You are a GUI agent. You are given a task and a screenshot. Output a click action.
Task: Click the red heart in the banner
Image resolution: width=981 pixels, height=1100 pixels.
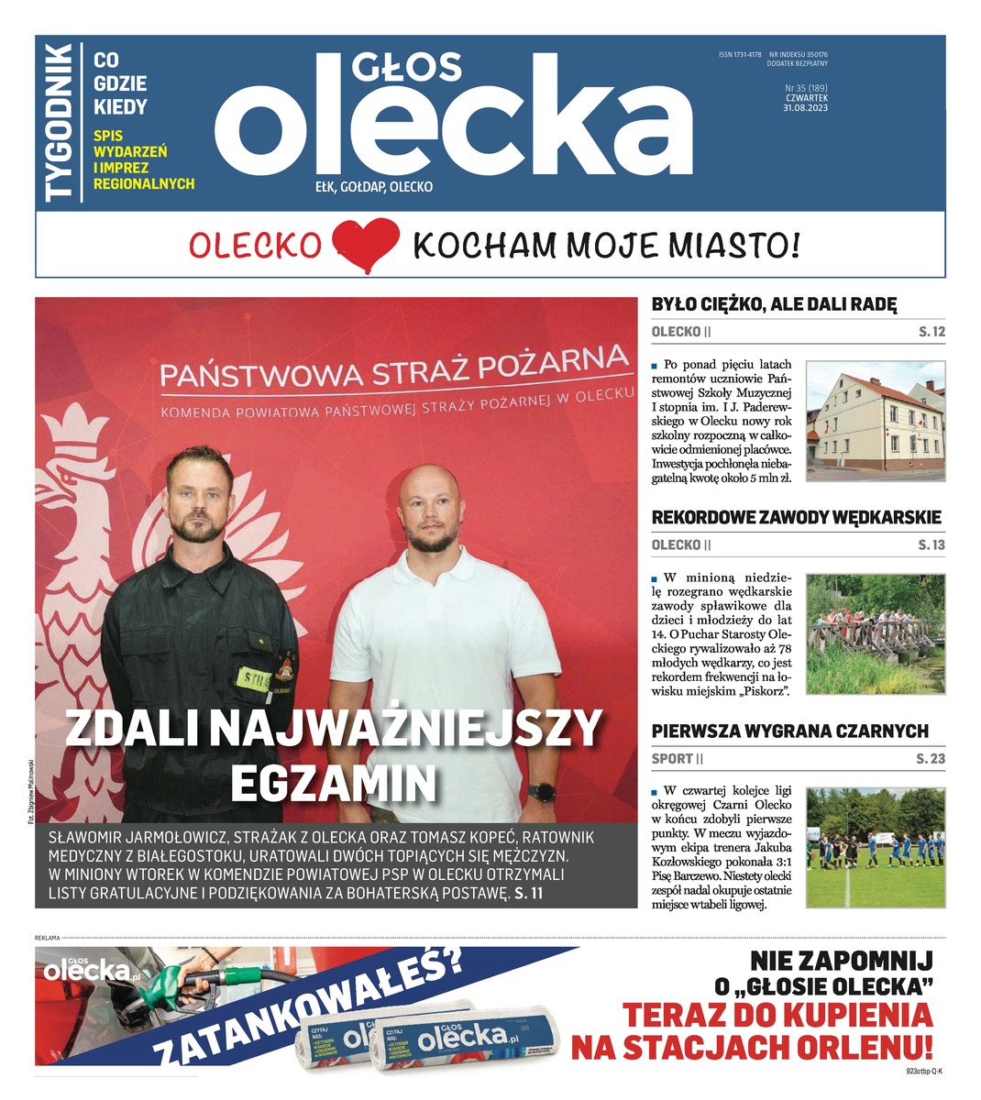[365, 245]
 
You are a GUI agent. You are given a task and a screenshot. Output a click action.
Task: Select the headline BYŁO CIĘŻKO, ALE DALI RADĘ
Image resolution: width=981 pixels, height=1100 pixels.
[774, 305]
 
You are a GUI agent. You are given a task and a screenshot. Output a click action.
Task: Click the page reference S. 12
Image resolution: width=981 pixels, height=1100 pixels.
[931, 332]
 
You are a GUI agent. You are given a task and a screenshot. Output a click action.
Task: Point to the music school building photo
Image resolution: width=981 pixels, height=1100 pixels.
[875, 421]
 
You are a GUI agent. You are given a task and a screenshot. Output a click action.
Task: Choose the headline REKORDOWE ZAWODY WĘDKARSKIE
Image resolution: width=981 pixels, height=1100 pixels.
[796, 518]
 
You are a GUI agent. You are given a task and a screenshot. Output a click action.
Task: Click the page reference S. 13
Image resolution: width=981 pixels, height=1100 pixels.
[931, 545]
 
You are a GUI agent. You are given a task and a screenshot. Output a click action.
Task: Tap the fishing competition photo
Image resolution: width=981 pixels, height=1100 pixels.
[875, 634]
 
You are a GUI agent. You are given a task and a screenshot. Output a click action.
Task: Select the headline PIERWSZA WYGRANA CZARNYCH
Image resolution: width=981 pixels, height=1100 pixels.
[789, 731]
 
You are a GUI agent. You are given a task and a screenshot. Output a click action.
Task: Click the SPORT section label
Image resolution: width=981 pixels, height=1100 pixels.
[672, 759]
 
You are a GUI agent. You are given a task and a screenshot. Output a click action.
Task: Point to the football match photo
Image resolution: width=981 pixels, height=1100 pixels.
[875, 848]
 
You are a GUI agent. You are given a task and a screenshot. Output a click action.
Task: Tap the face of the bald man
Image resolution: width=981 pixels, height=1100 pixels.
[429, 510]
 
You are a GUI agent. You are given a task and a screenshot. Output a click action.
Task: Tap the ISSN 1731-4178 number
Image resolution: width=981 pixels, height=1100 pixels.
[740, 55]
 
